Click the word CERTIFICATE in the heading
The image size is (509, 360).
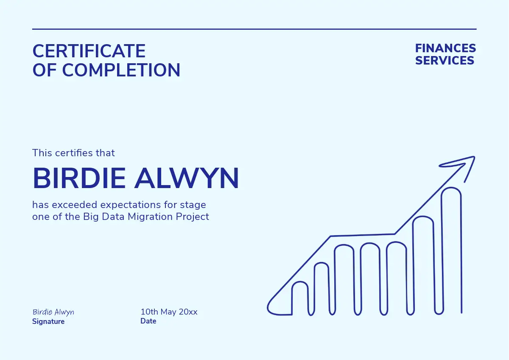click(x=89, y=51)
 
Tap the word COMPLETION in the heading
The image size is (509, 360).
click(x=121, y=70)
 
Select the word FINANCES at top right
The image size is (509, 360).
click(x=446, y=48)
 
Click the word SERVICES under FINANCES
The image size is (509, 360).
click(x=445, y=60)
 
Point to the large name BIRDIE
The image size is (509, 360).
click(x=79, y=178)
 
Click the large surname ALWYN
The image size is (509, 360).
click(x=187, y=178)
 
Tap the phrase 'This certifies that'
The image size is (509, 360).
click(x=73, y=153)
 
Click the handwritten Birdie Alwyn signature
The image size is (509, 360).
click(x=53, y=312)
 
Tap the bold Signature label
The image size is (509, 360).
click(x=48, y=322)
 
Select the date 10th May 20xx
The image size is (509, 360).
click(x=169, y=312)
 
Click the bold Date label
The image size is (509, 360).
click(x=148, y=321)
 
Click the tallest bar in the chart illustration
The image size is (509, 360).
click(x=442, y=250)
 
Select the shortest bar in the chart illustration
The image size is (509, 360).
click(x=292, y=298)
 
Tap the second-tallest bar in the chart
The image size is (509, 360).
click(x=413, y=266)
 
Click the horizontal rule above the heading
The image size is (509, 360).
click(x=254, y=29)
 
